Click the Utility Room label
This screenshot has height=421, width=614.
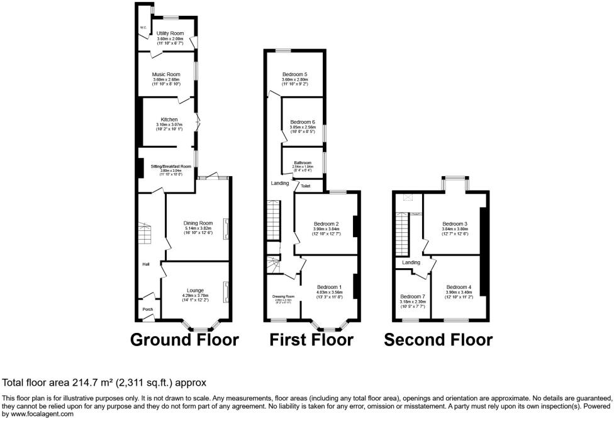click(169, 33)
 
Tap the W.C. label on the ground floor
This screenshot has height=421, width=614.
click(143, 27)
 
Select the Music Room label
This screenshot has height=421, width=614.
click(166, 74)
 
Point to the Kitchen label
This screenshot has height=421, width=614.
click(169, 120)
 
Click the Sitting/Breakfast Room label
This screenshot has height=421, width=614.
click(166, 166)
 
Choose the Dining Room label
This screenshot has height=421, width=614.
click(198, 223)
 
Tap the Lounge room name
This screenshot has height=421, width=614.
click(195, 290)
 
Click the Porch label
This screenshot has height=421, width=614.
click(148, 309)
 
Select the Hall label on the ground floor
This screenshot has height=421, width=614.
click(145, 264)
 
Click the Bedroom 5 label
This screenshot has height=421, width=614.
click(295, 74)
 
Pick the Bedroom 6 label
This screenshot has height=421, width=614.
click(303, 121)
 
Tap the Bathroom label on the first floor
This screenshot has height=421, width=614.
click(303, 162)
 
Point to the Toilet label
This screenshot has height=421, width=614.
click(306, 186)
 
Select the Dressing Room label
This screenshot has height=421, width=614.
click(284, 296)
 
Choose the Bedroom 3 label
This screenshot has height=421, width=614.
click(454, 223)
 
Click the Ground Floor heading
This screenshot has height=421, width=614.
click(184, 340)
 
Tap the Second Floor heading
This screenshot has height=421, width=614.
click(438, 340)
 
